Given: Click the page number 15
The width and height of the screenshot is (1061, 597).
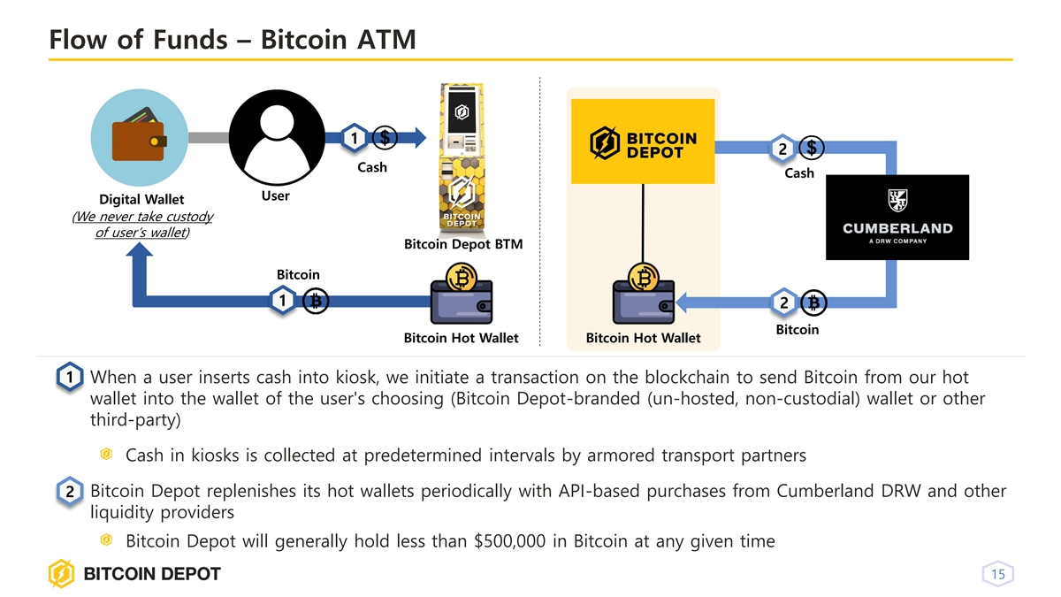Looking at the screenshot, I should [998, 576].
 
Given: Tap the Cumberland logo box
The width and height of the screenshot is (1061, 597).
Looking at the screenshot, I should [897, 218].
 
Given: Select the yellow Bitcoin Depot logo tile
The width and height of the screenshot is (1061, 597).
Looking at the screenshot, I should [643, 142].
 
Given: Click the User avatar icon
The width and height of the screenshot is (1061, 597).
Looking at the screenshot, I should [275, 138].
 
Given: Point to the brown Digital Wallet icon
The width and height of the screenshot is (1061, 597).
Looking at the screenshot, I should [139, 138].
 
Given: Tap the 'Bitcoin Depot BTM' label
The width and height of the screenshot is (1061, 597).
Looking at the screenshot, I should [463, 244].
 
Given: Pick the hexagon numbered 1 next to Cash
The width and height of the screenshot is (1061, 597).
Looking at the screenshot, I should [353, 137].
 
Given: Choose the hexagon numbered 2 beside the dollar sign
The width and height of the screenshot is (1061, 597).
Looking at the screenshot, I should [782, 149].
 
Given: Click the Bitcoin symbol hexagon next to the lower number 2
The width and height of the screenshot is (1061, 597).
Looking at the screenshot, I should [815, 302].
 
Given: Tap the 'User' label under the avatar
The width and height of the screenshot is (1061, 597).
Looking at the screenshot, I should [275, 195].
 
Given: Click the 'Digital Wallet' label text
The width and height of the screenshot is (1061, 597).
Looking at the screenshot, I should [141, 200].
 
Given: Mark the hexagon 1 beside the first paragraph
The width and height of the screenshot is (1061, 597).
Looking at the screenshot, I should [69, 378].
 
